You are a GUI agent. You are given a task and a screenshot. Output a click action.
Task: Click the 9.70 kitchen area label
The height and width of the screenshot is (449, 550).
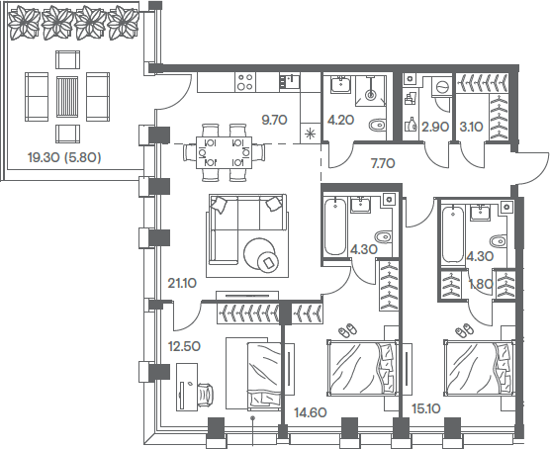[274, 120]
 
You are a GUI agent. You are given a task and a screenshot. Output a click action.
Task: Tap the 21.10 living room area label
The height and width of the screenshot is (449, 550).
[182, 283]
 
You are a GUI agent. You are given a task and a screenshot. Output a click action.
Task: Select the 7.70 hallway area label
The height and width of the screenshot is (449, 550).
[383, 163]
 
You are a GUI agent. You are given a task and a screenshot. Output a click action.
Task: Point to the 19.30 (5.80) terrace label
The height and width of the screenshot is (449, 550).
[64, 158]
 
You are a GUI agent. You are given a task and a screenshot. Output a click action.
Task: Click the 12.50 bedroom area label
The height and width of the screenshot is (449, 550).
[184, 346]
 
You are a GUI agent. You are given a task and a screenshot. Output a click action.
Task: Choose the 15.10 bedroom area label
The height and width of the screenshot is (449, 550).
[426, 408]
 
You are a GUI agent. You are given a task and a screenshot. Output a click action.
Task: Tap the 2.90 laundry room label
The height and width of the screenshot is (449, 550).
[435, 127]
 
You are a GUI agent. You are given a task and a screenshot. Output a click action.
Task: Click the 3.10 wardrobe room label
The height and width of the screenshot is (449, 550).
[472, 127]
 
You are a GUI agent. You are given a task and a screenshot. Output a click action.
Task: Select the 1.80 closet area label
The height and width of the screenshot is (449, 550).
[481, 284]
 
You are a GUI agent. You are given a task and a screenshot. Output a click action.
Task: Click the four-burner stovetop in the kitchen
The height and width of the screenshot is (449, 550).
[245, 82]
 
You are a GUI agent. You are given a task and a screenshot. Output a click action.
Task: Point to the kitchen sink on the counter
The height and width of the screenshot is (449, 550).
[290, 81]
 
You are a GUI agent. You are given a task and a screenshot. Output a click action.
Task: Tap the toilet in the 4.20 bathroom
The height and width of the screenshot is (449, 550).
[378, 125]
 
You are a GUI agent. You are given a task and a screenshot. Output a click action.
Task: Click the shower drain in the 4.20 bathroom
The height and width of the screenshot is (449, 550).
[371, 94]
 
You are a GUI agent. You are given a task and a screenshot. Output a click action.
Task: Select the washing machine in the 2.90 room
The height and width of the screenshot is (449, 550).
[441, 86]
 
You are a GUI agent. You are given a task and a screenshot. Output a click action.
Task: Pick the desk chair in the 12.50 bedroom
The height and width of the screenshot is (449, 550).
[206, 396]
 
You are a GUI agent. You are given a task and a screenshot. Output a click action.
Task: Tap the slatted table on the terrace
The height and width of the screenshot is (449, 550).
[67, 97]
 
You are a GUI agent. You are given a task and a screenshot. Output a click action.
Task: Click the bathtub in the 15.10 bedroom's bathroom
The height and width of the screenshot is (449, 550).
[452, 234]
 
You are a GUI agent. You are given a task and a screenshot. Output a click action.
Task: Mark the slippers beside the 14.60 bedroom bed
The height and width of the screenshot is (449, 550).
[347, 330]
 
